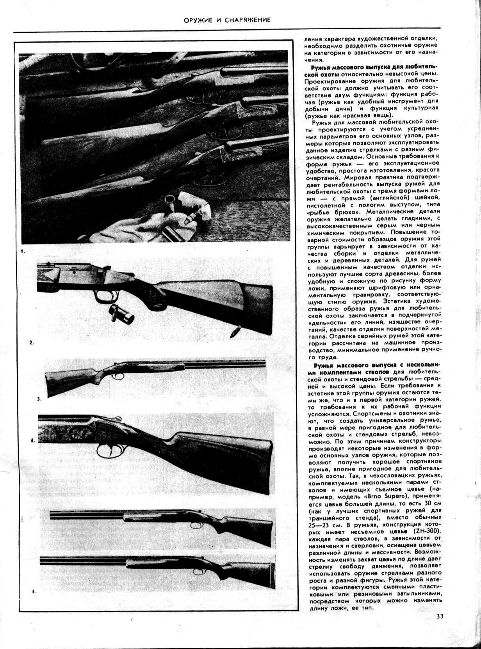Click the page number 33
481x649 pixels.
coord(440,627)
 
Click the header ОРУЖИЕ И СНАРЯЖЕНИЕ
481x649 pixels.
coord(227,20)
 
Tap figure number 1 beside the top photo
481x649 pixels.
coord(23,252)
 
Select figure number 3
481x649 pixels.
coord(39,399)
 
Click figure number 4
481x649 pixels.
coord(33,441)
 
